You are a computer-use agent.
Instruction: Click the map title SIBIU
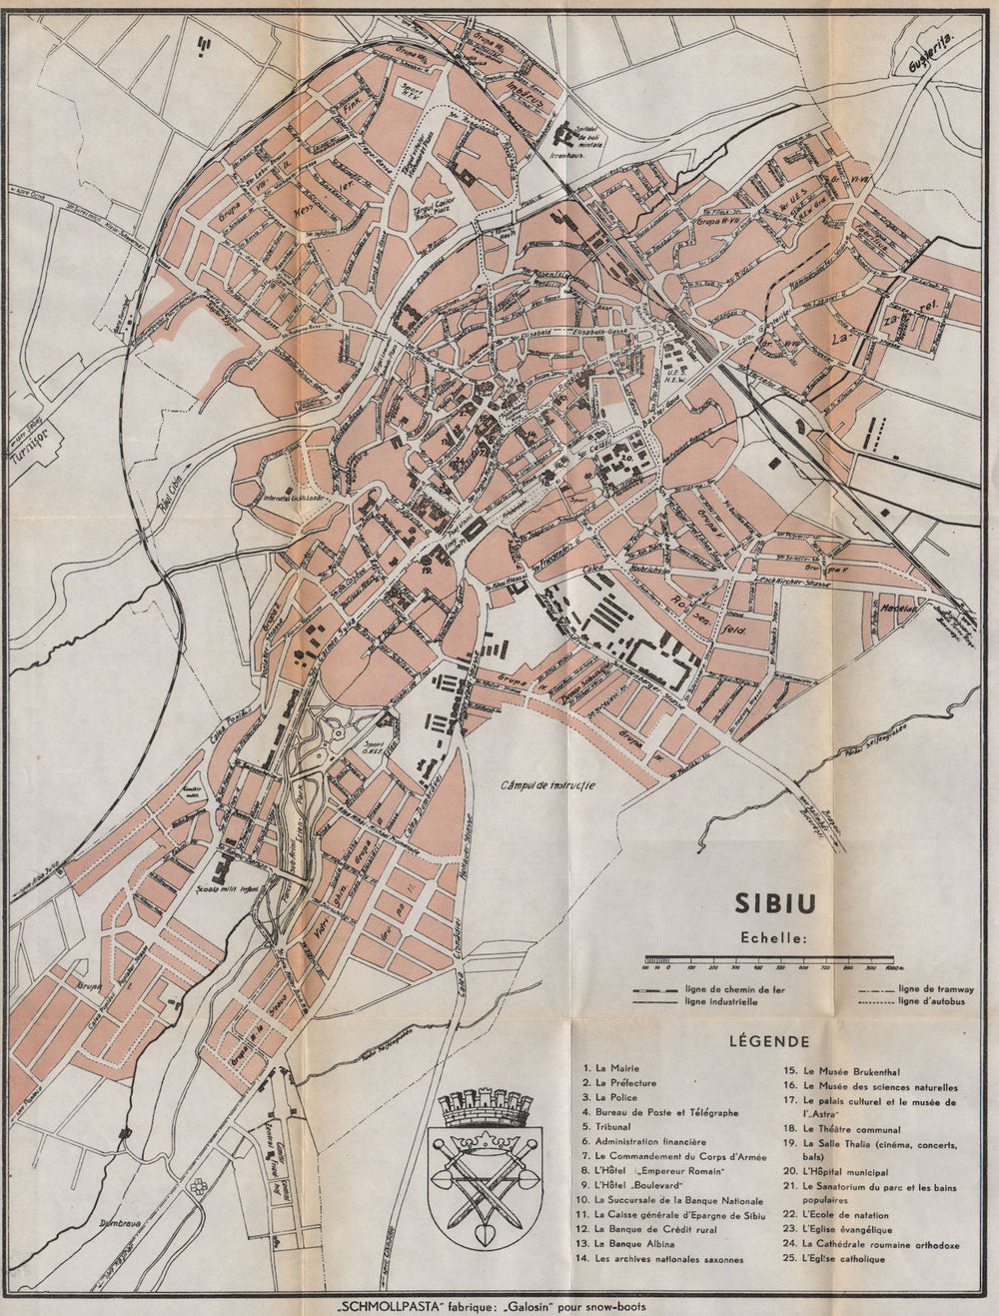click(x=775, y=902)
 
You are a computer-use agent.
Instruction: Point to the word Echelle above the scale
click(x=774, y=938)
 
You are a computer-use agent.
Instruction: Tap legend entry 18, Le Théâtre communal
click(x=840, y=1128)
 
